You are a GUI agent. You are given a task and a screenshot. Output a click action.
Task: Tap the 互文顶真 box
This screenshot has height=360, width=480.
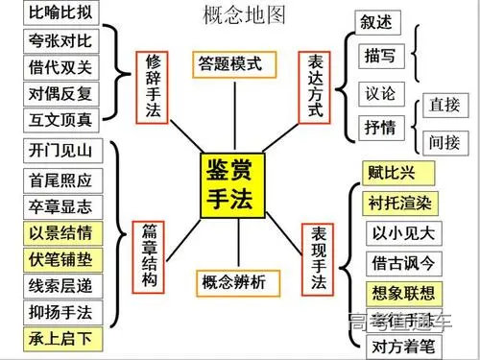(57, 119)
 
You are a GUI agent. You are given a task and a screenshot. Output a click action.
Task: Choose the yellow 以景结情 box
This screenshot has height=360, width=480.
(57, 232)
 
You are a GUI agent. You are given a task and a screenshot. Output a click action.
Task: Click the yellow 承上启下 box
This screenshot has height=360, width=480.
(57, 339)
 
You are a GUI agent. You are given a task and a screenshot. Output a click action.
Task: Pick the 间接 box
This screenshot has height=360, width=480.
(444, 141)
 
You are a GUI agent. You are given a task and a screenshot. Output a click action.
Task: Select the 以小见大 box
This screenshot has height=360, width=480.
(402, 232)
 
